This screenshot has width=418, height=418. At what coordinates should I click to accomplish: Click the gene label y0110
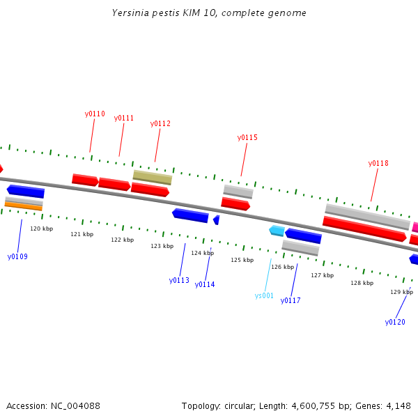pos(95,114)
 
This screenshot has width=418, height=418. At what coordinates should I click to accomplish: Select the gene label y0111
pos(124,118)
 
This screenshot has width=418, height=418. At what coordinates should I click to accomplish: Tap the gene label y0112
pos(160,123)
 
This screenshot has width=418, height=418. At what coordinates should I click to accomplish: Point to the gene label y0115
pos(247,137)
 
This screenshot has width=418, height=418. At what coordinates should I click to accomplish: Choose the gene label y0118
pos(378,163)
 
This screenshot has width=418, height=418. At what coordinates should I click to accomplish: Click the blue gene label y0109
pos(17,256)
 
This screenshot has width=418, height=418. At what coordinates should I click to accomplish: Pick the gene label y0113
pos(179,280)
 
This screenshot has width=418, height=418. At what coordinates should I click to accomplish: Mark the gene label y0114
pos(205,284)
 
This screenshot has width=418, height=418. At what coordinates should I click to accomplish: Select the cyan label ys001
pos(264,295)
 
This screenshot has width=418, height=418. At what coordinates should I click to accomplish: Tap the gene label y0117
pos(291,300)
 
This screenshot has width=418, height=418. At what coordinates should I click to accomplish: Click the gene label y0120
pos(395,322)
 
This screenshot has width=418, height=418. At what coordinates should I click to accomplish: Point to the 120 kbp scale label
pos(41,229)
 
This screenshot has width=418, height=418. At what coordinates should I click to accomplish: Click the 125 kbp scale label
pos(242,260)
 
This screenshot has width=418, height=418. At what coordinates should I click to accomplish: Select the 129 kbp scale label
pos(401,292)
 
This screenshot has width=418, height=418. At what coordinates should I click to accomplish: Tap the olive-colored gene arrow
pos(153,177)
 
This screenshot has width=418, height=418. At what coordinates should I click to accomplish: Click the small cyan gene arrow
pos(277,231)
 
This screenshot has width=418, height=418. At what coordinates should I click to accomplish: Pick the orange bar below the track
pos(24,206)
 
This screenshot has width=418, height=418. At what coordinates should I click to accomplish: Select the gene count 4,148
pos(398,405)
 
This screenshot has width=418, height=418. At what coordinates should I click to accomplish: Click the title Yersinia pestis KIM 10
pos(164,13)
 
